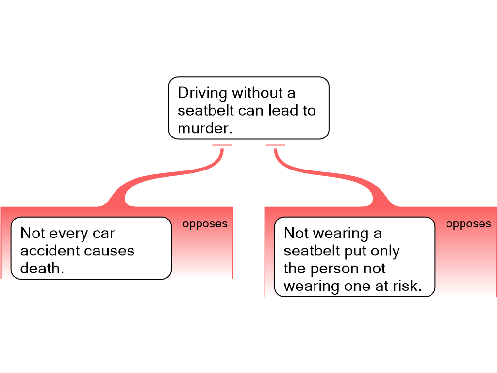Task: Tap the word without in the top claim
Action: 257,93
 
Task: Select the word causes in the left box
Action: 109,251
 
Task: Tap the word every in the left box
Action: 69,234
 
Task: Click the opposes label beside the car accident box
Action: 205,224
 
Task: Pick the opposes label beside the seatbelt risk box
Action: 468,224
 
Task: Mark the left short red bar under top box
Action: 222,145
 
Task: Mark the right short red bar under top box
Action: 276,145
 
